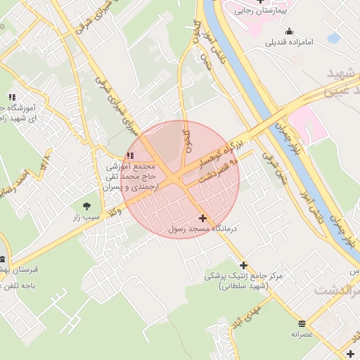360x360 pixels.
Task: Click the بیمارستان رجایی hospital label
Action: (x=255, y=11)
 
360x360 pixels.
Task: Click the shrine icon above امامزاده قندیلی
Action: (x=289, y=31)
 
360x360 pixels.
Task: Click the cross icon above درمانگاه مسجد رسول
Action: (x=203, y=219)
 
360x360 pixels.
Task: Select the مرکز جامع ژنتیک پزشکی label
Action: (x=244, y=276)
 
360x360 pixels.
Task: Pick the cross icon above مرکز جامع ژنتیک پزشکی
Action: (x=244, y=265)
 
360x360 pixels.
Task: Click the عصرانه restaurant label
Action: (x=302, y=334)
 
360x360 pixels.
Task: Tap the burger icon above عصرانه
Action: (x=302, y=323)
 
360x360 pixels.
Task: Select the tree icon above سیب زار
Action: (x=87, y=206)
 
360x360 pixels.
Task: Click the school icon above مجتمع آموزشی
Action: (x=129, y=155)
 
